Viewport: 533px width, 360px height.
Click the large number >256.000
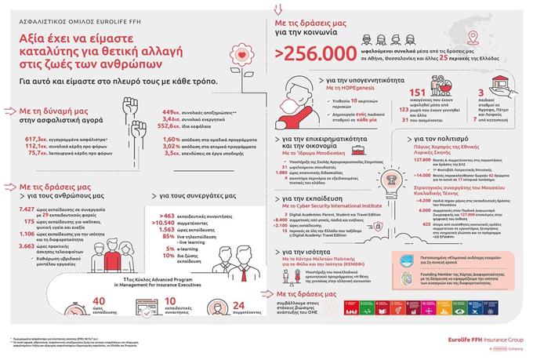[x=307, y=53]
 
